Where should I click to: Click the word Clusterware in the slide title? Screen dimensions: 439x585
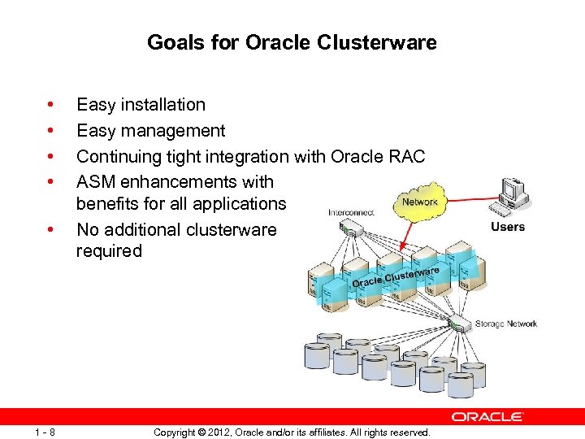point(388,42)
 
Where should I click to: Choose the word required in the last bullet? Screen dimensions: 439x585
point(109,250)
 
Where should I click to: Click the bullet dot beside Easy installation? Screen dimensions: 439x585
point(51,104)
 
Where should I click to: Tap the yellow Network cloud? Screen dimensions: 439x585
point(419,201)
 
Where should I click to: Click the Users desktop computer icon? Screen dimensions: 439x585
point(513,196)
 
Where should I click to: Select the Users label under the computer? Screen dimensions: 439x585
point(508,227)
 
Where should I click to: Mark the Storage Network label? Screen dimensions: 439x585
point(506,324)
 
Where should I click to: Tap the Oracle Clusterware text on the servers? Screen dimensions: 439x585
point(395,277)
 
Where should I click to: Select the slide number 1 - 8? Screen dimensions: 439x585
point(45,432)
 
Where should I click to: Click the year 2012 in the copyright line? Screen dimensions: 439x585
point(219,432)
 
